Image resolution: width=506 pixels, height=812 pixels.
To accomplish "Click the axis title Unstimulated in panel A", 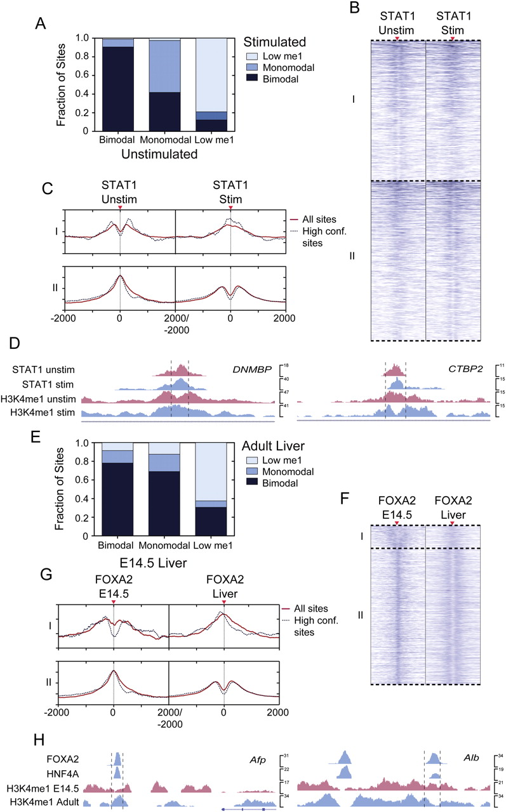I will pyautogui.click(x=151, y=153).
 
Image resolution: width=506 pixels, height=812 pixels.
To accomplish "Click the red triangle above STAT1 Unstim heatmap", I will pyautogui.click(x=397, y=39).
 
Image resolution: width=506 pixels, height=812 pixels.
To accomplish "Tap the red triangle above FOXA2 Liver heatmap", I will pyautogui.click(x=452, y=523).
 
